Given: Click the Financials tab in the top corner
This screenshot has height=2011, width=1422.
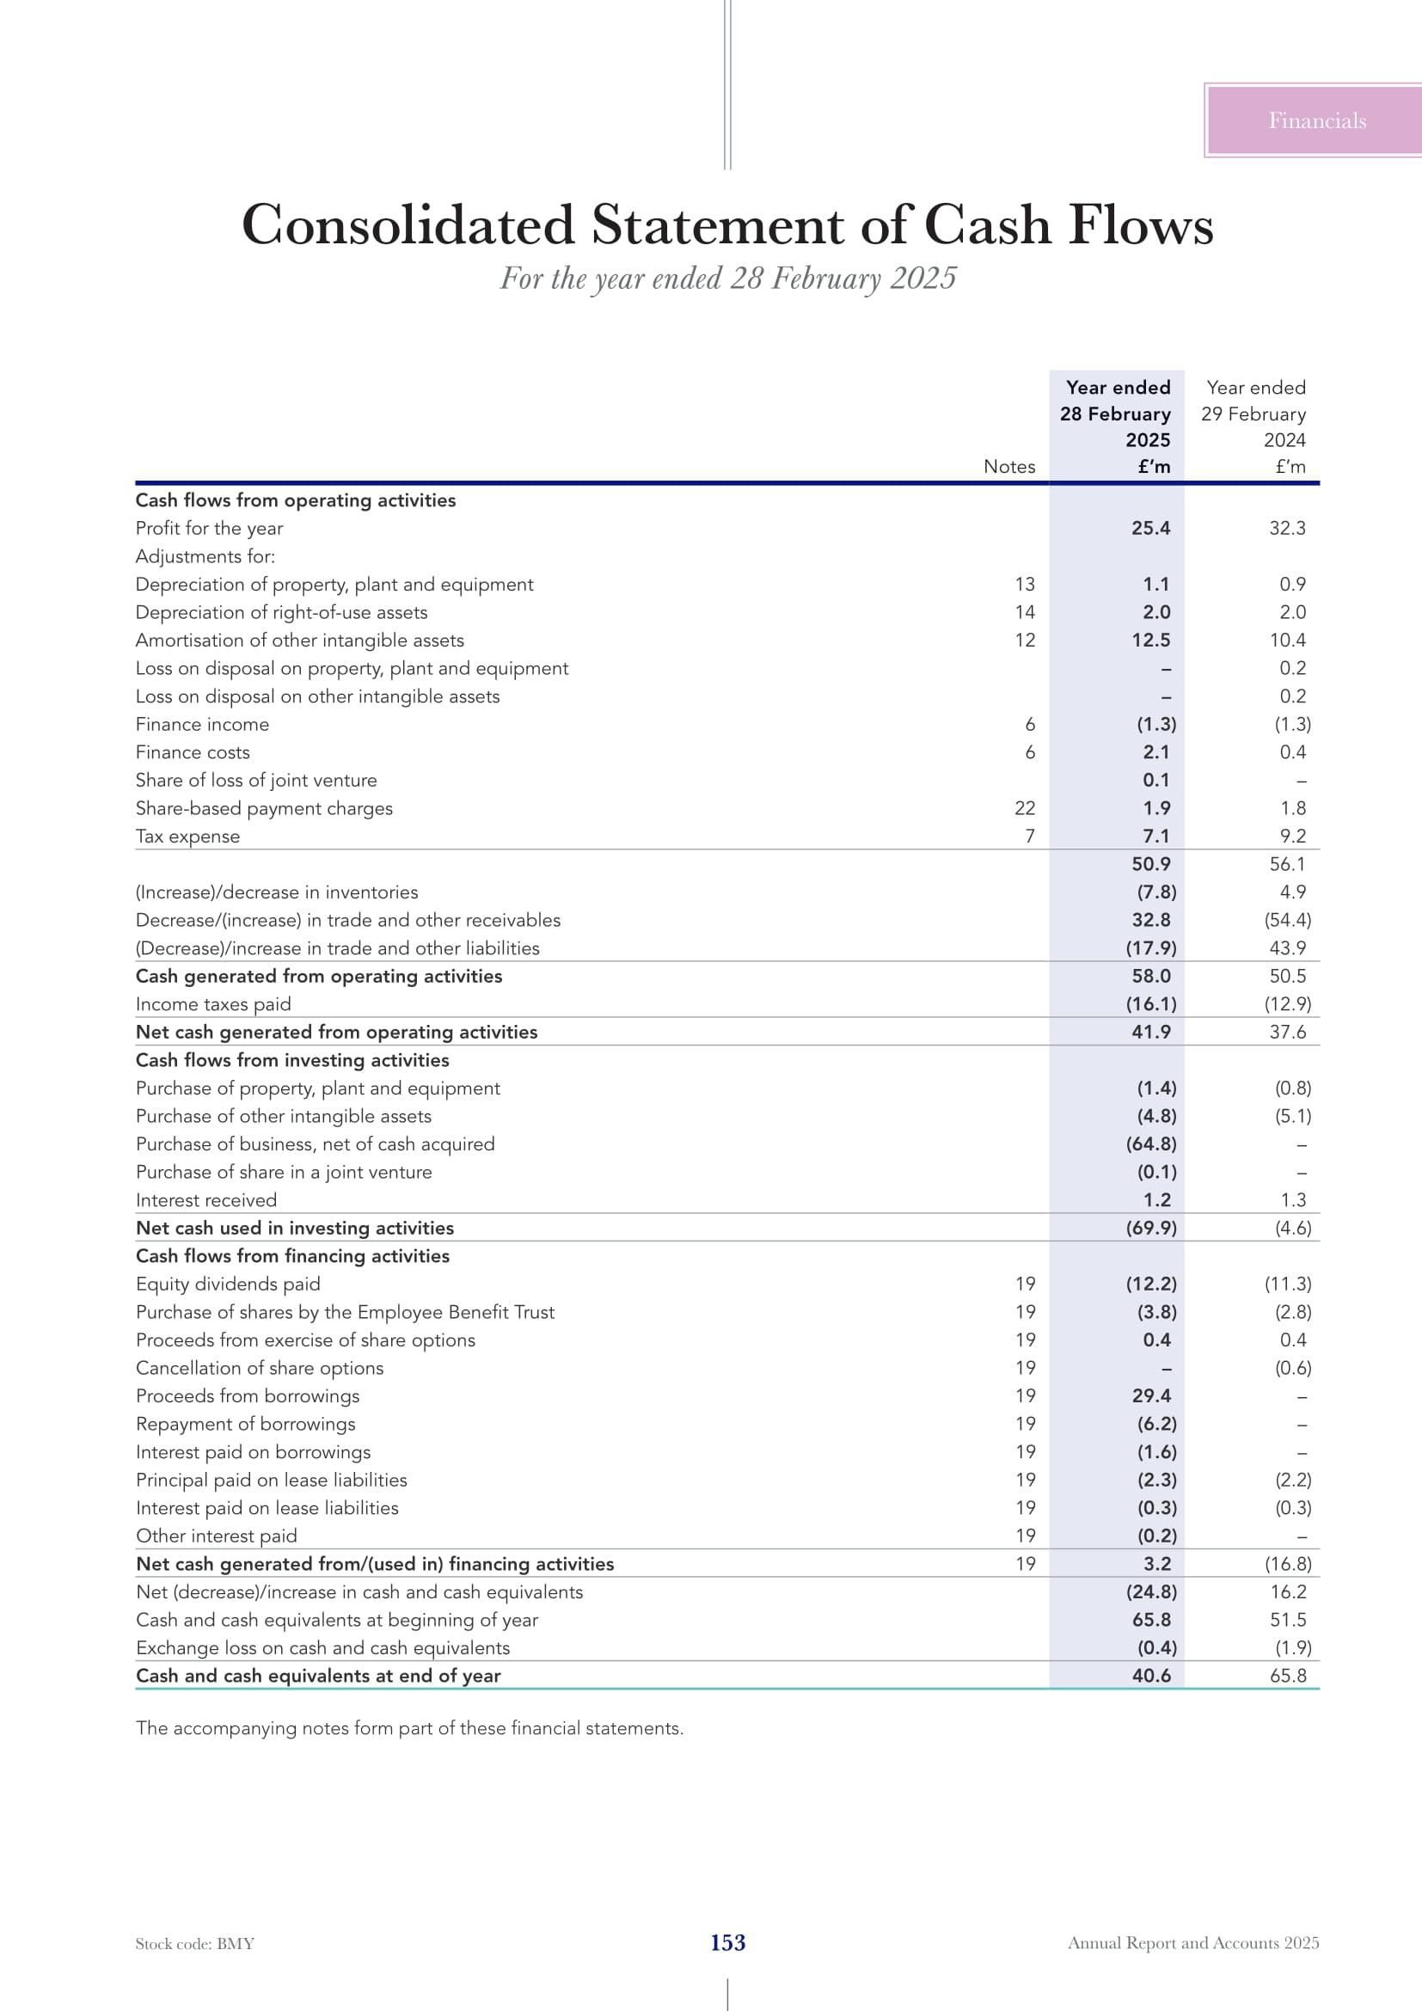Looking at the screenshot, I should coord(1316,121).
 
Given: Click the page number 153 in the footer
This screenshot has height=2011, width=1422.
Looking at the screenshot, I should coord(727,1943).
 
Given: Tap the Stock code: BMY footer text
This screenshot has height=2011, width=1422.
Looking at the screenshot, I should coord(194,1944).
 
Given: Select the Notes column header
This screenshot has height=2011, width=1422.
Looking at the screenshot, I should coord(1008,467).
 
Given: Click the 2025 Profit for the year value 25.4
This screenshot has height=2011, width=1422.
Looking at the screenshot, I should coord(1150,528).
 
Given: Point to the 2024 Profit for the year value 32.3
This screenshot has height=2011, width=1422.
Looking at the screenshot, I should coord(1287,528).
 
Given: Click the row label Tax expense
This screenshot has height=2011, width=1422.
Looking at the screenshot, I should coord(187,837).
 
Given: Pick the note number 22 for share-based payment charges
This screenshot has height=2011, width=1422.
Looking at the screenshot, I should coord(1025,808).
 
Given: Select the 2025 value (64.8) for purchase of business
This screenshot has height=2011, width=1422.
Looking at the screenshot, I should coord(1150,1143).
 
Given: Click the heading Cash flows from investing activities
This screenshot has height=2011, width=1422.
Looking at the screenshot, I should coord(292,1060).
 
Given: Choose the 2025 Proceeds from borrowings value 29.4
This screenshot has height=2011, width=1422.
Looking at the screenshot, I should coord(1150,1396).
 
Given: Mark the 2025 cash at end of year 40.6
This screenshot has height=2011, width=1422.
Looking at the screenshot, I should coord(1150,1676).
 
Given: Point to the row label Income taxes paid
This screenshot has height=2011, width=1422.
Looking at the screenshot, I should coord(212,1004).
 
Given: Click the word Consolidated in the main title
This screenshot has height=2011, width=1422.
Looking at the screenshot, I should coord(408,225).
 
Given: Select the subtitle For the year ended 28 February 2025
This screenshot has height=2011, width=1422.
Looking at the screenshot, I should coord(727,279).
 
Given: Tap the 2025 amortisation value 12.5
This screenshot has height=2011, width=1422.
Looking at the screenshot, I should coord(1150,641).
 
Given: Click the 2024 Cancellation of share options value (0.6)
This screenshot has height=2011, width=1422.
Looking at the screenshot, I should coord(1292,1368).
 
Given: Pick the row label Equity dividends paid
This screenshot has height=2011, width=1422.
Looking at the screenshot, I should coord(228,1284).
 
